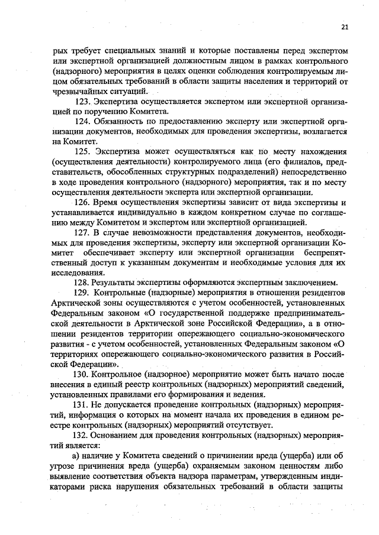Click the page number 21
(x=344, y=26)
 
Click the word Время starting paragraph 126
(x=111, y=202)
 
